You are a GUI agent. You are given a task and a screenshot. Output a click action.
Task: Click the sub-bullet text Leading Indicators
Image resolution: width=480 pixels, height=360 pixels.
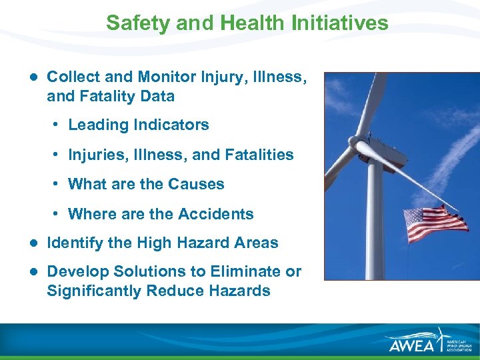[x=138, y=125]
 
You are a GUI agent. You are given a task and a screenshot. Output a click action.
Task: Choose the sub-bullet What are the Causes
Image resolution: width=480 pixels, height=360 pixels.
[x=146, y=184]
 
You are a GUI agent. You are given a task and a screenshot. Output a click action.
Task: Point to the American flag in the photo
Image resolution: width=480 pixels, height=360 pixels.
[x=436, y=224]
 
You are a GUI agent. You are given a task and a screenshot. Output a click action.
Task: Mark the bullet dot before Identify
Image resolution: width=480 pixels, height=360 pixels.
[x=33, y=243]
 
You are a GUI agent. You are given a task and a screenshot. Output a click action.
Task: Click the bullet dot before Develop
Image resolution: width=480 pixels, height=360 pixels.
[x=33, y=271]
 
